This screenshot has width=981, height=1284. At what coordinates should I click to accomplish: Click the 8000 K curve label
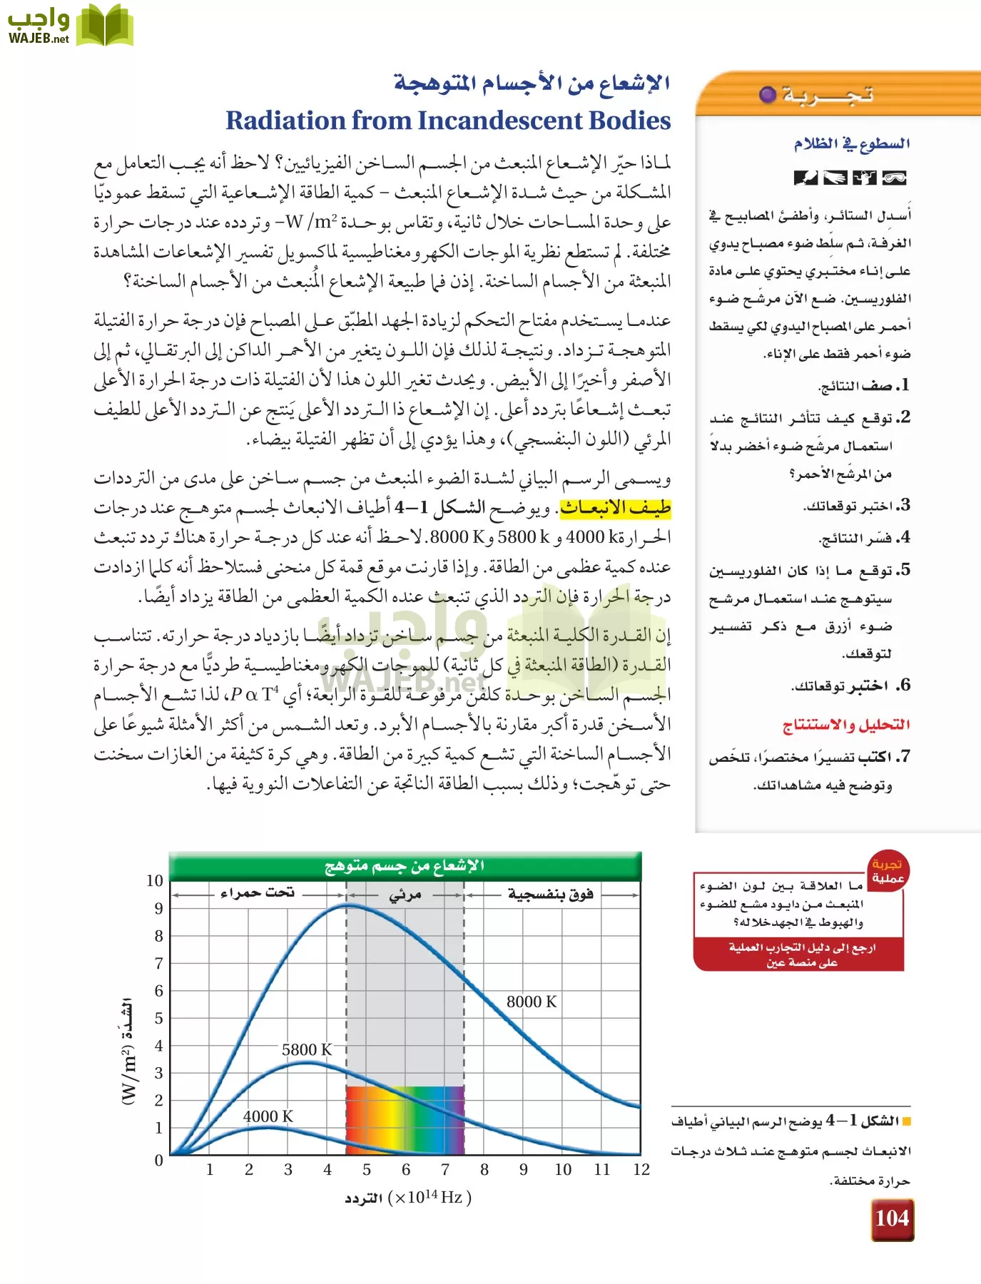[532, 1002]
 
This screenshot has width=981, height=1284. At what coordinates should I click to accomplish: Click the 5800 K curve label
[307, 1049]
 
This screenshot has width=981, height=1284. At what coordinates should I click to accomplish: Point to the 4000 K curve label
[268, 1116]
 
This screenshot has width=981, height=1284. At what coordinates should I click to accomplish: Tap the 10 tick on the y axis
[155, 880]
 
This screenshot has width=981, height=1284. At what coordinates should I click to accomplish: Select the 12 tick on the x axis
[641, 1170]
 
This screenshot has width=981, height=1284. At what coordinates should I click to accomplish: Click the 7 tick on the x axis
[445, 1170]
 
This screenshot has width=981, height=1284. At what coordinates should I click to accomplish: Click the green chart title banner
[405, 866]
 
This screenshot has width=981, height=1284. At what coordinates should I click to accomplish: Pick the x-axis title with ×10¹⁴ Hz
[408, 1198]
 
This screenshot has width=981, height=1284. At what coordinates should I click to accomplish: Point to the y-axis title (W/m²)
[128, 1050]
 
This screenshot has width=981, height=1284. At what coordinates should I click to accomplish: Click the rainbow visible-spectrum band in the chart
[405, 1120]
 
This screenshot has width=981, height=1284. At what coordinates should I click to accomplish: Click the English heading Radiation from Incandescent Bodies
[448, 121]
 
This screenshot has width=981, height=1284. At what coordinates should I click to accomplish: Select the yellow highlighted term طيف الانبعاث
[615, 507]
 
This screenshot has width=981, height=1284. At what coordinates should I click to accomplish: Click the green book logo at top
[105, 26]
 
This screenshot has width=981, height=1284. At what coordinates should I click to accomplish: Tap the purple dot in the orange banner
[767, 94]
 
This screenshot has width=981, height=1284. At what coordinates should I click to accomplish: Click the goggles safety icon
[894, 178]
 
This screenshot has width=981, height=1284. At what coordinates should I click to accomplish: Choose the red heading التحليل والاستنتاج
[846, 725]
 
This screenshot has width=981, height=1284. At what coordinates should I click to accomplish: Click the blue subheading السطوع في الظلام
[852, 143]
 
